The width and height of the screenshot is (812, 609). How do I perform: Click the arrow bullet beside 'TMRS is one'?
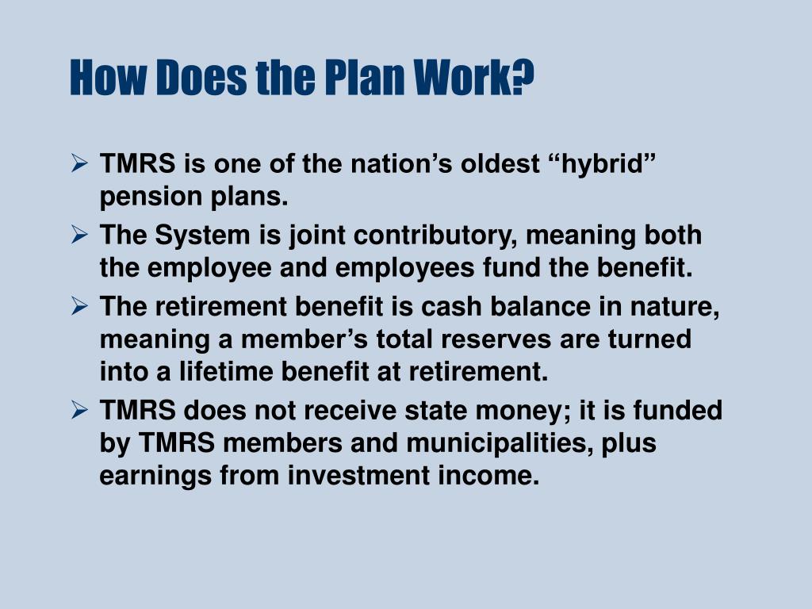coord(79,164)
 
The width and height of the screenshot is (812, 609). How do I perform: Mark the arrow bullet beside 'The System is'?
coord(79,236)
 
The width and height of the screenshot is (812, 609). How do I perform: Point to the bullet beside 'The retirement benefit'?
coord(79,307)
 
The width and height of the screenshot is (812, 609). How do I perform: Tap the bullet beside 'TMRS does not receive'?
coord(79,411)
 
